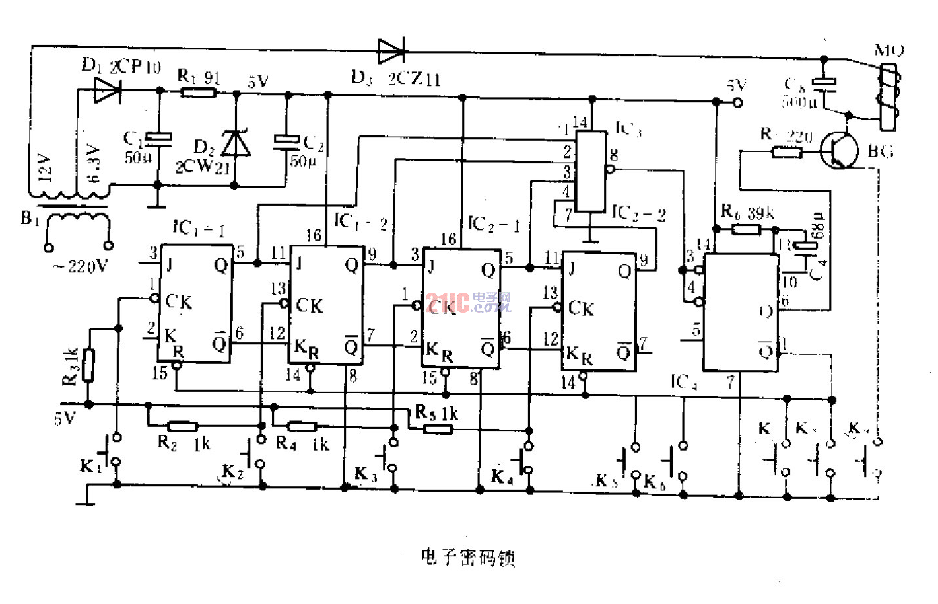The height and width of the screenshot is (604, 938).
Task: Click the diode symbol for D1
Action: pos(107,90)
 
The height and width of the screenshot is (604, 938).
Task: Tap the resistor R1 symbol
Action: pos(198,93)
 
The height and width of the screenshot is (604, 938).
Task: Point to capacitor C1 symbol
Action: pos(158,139)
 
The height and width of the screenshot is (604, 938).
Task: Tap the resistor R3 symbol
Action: pos(87,366)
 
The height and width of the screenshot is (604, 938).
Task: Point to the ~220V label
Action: pos(81,266)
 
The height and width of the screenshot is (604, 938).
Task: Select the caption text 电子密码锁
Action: pos(467,557)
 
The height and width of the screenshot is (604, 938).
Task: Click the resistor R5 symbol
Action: pos(437,429)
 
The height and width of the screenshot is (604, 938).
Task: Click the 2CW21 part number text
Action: pos(202,167)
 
